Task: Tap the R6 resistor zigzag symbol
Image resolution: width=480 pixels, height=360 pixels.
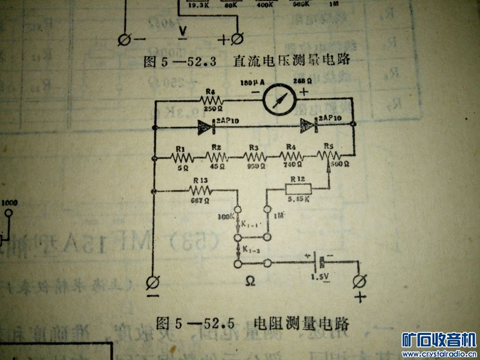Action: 211,99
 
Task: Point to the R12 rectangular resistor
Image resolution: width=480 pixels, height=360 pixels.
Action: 298,188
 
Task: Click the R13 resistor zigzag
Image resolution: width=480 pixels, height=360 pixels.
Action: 200,190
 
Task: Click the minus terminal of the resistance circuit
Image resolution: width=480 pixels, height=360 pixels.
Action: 152,283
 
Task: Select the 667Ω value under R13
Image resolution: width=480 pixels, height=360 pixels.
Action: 200,201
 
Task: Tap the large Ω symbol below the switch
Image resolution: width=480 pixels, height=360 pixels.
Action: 251,281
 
